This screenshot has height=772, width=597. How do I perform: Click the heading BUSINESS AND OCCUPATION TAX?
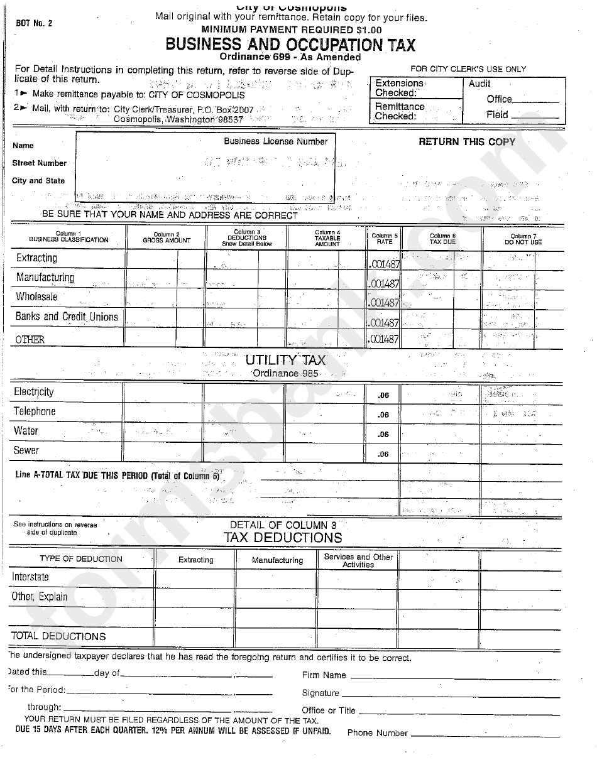click(290, 45)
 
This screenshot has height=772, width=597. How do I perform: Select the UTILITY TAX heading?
click(285, 360)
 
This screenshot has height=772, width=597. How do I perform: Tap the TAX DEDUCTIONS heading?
click(283, 538)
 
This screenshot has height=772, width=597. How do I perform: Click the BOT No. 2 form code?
click(35, 23)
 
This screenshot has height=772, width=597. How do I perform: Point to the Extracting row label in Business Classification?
click(36, 258)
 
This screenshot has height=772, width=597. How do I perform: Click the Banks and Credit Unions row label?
click(67, 317)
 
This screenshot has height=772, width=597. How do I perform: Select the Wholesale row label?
click(36, 297)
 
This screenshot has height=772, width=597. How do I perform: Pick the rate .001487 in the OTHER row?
click(383, 339)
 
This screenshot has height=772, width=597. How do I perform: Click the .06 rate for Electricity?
click(383, 396)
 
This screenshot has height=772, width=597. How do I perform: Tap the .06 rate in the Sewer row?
click(383, 454)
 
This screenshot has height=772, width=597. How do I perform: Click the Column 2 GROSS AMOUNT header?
click(166, 237)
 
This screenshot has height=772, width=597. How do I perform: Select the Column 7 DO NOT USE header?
click(523, 239)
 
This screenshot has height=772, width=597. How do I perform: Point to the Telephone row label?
click(35, 411)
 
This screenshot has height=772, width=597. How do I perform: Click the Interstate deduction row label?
click(30, 577)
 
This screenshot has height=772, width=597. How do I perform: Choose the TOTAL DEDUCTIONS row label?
click(58, 636)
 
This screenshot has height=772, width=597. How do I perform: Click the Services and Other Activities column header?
click(358, 560)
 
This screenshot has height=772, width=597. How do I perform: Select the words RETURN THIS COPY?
click(466, 142)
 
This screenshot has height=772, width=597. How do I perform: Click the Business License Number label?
click(276, 141)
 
